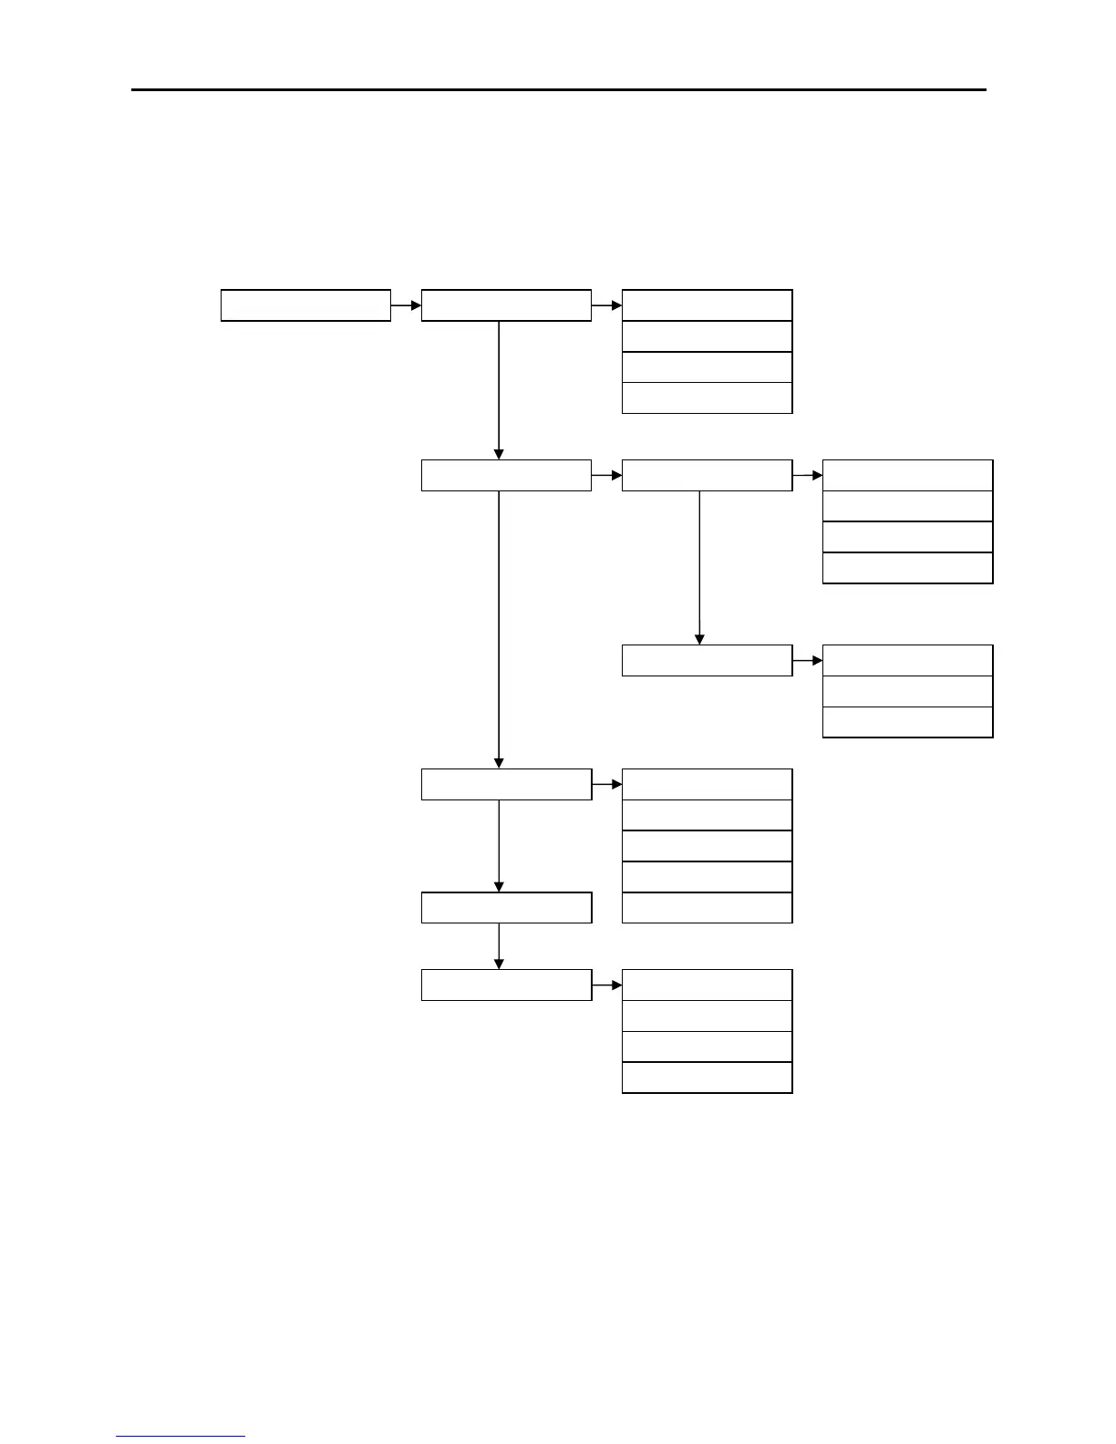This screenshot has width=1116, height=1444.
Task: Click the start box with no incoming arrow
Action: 305,305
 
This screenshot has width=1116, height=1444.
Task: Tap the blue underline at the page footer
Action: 181,1437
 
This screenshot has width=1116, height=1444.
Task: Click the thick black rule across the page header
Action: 558,90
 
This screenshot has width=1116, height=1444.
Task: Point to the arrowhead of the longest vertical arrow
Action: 499,762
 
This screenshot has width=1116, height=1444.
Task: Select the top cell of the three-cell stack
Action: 907,660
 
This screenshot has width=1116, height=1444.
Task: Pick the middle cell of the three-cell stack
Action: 907,691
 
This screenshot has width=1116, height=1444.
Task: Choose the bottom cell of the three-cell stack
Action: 907,722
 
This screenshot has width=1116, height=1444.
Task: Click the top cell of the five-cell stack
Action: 707,784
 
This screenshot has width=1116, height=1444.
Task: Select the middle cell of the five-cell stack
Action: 707,846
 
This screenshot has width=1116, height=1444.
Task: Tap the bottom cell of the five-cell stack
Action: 707,908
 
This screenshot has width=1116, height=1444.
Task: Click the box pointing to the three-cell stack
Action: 707,660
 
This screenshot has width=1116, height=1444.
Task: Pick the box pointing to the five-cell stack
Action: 506,784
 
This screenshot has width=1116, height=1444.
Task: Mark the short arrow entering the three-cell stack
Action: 808,660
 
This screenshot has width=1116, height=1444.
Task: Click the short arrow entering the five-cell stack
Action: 607,784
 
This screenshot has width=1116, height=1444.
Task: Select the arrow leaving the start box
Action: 407,305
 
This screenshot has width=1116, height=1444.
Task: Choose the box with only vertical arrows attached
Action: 506,908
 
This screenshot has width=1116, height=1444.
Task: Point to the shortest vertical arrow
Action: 499,946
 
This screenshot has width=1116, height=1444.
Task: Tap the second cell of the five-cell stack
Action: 707,815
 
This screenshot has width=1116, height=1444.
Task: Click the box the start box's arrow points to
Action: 506,305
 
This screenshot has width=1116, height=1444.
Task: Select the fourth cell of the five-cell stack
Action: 707,877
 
